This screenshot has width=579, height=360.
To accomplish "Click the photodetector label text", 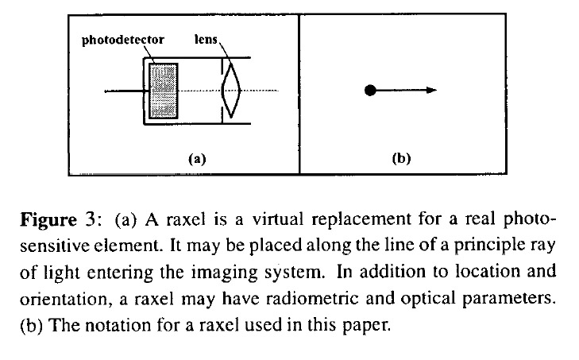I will click(124, 39).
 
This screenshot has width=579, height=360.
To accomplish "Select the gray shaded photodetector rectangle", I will click(161, 91).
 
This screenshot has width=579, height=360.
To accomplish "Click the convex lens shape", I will click(231, 91).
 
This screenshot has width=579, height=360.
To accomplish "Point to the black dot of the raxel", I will click(369, 91).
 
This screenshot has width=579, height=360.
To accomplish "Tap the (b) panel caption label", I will click(401, 158).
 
